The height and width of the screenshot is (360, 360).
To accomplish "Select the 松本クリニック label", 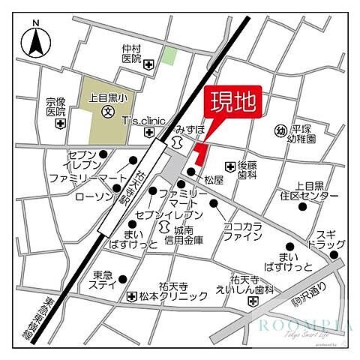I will pyautogui.click(x=166, y=296).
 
